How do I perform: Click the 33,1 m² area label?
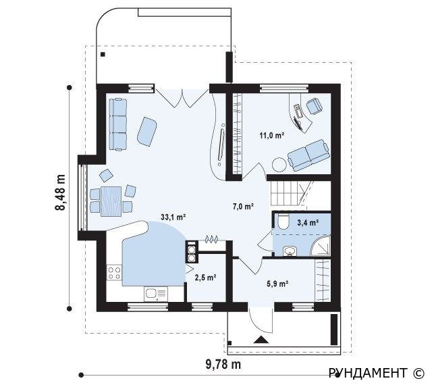point(173,217)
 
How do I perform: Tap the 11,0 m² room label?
point(271,135)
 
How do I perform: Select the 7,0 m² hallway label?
point(243,206)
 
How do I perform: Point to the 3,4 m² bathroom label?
point(308,222)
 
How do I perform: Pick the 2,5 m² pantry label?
point(205,278)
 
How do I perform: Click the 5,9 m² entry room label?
point(277,284)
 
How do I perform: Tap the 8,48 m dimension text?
point(60,192)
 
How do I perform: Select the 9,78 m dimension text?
point(223,365)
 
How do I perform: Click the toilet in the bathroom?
point(283,220)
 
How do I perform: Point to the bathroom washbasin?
point(290,251)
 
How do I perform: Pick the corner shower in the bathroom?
point(320,246)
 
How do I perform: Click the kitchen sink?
point(156,294)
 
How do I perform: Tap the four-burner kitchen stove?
point(114,273)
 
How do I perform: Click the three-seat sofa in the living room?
point(117,124)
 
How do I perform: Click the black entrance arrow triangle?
point(261,340)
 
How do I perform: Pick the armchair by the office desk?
point(315,106)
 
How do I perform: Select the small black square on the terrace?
point(103,54)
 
